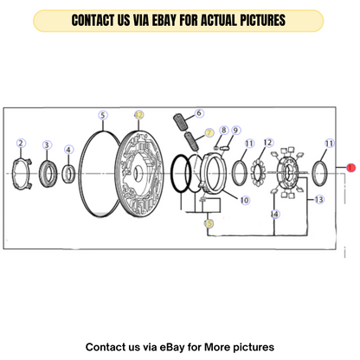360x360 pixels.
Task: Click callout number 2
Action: (21, 143)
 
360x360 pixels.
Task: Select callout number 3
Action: (47, 145)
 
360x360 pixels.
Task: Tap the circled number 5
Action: (103, 115)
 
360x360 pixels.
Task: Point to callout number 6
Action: (199, 113)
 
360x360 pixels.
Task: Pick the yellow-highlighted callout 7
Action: (209, 133)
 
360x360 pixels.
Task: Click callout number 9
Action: (236, 131)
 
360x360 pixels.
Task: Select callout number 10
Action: (245, 200)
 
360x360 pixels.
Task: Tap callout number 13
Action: (319, 199)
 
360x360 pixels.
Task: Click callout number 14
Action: (275, 214)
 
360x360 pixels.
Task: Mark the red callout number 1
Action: (350, 168)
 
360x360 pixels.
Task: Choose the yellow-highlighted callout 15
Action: (209, 223)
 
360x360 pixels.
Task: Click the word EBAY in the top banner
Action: (164, 20)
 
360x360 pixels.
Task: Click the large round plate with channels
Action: (139, 174)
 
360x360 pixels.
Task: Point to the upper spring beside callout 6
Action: (181, 122)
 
